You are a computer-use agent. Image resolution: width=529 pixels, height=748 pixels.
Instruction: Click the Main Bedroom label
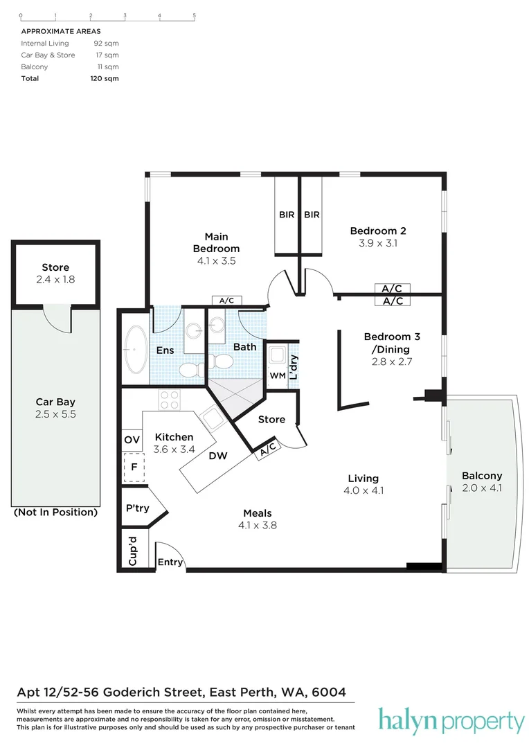216,242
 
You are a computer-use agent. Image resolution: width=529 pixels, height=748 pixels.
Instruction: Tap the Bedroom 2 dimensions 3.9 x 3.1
377,244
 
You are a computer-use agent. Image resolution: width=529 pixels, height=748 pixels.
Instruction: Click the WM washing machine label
277,375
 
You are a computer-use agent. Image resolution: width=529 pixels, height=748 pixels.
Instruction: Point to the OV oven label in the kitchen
132,440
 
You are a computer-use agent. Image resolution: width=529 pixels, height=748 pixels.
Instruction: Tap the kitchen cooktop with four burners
170,400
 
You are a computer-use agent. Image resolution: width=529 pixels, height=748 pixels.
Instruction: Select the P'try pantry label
137,508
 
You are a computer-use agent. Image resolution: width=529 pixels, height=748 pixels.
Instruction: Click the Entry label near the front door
170,562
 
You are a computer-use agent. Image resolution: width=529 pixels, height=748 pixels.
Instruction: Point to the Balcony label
481,476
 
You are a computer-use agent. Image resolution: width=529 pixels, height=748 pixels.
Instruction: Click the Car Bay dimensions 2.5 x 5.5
55,414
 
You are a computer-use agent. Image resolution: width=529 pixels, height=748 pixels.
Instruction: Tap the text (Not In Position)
55,513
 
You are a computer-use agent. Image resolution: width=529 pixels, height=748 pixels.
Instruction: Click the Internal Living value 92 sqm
106,44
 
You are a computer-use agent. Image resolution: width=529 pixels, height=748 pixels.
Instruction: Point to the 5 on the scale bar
195,15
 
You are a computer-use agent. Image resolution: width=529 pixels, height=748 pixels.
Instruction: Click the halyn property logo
451,722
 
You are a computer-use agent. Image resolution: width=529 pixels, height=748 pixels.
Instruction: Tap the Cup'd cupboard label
132,551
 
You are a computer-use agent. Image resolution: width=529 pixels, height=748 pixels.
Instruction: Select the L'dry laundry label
294,367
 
